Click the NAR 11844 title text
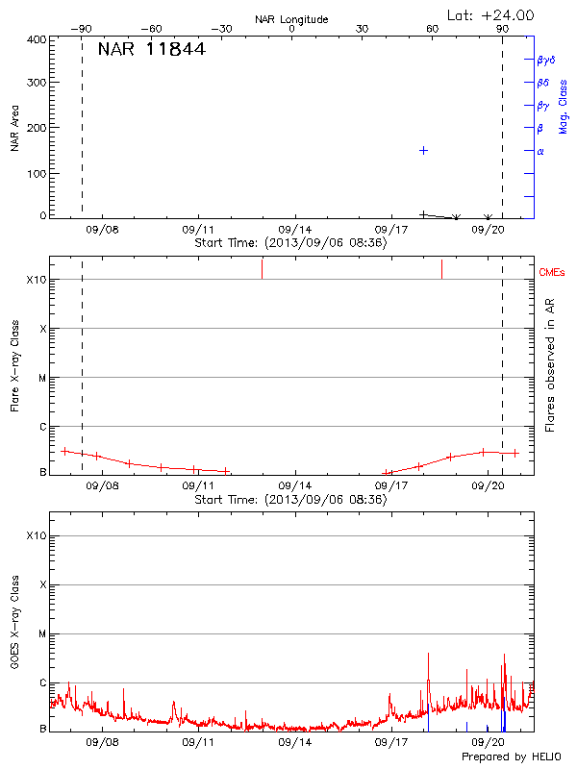(151, 49)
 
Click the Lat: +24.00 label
(490, 15)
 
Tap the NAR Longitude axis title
(291, 19)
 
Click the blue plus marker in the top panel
(423, 151)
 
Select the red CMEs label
(553, 273)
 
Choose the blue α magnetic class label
(540, 151)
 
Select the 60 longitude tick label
(433, 29)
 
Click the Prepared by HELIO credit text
(511, 757)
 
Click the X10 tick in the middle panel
(36, 280)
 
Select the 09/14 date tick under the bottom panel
(294, 742)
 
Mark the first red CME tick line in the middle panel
(262, 268)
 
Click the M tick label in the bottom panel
(43, 634)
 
